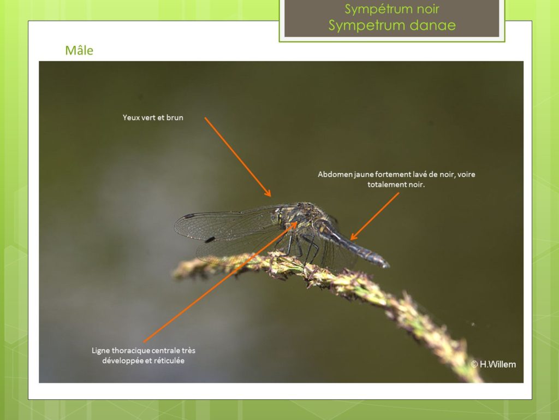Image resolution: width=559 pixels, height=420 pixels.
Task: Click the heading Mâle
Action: pos(79,51)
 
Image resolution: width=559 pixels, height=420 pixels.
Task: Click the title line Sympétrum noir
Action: pos(392,9)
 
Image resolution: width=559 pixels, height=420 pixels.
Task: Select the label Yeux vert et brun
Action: pos(153,117)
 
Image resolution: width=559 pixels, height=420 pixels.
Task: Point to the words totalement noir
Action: pos(396,185)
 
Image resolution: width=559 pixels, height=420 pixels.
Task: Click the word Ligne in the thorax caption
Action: pos(100,351)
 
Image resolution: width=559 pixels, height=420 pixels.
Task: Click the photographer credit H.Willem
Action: pos(493,364)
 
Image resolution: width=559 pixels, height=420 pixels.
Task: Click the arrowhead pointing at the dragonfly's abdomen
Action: pos(354,236)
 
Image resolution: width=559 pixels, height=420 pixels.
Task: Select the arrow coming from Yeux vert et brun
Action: pos(238,157)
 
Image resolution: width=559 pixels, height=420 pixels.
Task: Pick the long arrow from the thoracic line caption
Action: pos(220,282)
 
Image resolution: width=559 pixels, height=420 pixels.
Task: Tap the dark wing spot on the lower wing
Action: pos(210,240)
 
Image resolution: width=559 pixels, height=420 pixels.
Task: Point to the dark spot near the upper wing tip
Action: pos(189,216)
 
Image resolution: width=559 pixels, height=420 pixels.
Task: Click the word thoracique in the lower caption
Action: pos(131,351)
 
